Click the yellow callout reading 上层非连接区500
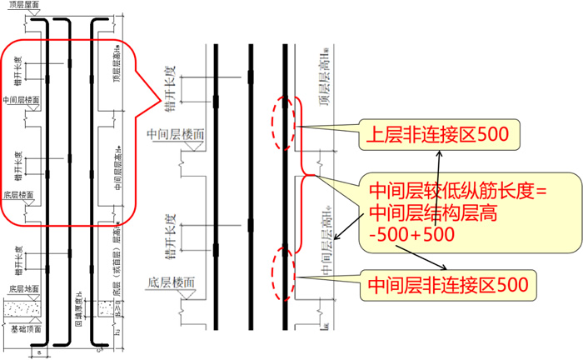click(x=439, y=135)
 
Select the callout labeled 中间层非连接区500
click(x=447, y=285)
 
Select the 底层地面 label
click(x=25, y=289)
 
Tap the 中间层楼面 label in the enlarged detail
click(x=175, y=134)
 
